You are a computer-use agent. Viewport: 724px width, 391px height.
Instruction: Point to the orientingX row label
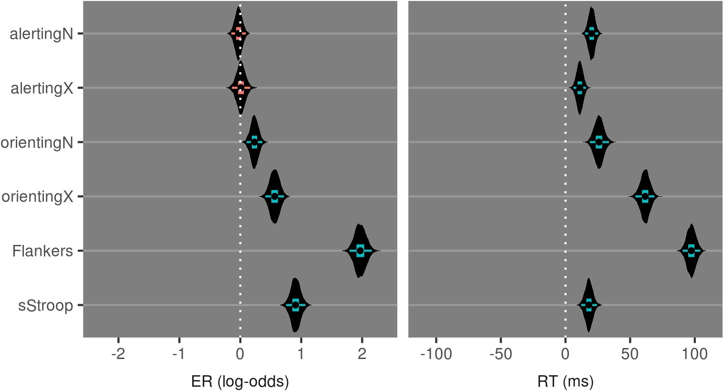(x=37, y=197)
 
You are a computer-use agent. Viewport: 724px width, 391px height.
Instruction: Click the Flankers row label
(x=43, y=251)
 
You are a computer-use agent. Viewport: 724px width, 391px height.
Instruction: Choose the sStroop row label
(x=46, y=306)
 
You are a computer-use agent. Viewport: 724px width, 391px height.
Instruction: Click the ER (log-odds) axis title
(x=240, y=381)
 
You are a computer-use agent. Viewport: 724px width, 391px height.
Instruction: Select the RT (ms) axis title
(x=565, y=381)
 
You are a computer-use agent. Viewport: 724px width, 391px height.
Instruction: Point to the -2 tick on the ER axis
(x=118, y=354)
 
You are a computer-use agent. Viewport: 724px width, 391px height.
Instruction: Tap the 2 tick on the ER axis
(x=362, y=354)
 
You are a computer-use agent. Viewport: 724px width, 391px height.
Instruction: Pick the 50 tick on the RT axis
(x=630, y=354)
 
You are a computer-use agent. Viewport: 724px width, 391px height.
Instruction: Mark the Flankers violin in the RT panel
(x=691, y=251)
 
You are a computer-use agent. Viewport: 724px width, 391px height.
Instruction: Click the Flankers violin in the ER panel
(x=360, y=251)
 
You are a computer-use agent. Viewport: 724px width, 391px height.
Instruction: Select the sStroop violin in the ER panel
(x=295, y=305)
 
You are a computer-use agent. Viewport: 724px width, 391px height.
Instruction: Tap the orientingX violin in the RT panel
(x=645, y=196)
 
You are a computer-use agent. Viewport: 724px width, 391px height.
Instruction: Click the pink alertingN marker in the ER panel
(x=238, y=33)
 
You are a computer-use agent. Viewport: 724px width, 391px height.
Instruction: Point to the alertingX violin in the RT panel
(x=579, y=88)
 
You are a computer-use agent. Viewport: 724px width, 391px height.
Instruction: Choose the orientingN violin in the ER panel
(x=254, y=142)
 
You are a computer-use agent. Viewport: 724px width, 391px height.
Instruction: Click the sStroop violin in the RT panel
(x=589, y=305)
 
